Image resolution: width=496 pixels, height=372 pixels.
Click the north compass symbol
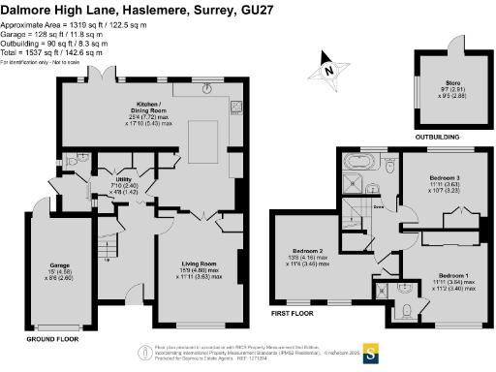click(x=328, y=69)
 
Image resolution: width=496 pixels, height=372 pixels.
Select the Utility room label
click(x=124, y=179)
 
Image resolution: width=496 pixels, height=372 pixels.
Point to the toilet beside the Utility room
click(x=80, y=160)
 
